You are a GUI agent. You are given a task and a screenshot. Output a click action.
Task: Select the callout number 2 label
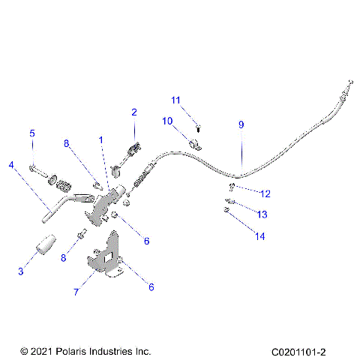click(x=133, y=112)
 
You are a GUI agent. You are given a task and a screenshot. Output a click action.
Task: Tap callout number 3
click(x=21, y=271)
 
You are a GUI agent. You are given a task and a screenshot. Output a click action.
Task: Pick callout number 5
click(x=32, y=133)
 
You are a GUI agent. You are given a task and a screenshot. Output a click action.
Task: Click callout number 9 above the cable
click(x=241, y=125)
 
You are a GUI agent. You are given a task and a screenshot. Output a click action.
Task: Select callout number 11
click(x=175, y=100)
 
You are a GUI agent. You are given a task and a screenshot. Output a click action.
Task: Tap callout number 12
click(x=265, y=193)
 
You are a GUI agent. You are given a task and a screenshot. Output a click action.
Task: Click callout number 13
click(x=262, y=214)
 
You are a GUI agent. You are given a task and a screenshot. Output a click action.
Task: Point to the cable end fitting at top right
click(x=348, y=83)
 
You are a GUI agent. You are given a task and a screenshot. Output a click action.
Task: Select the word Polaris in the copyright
click(x=73, y=350)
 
